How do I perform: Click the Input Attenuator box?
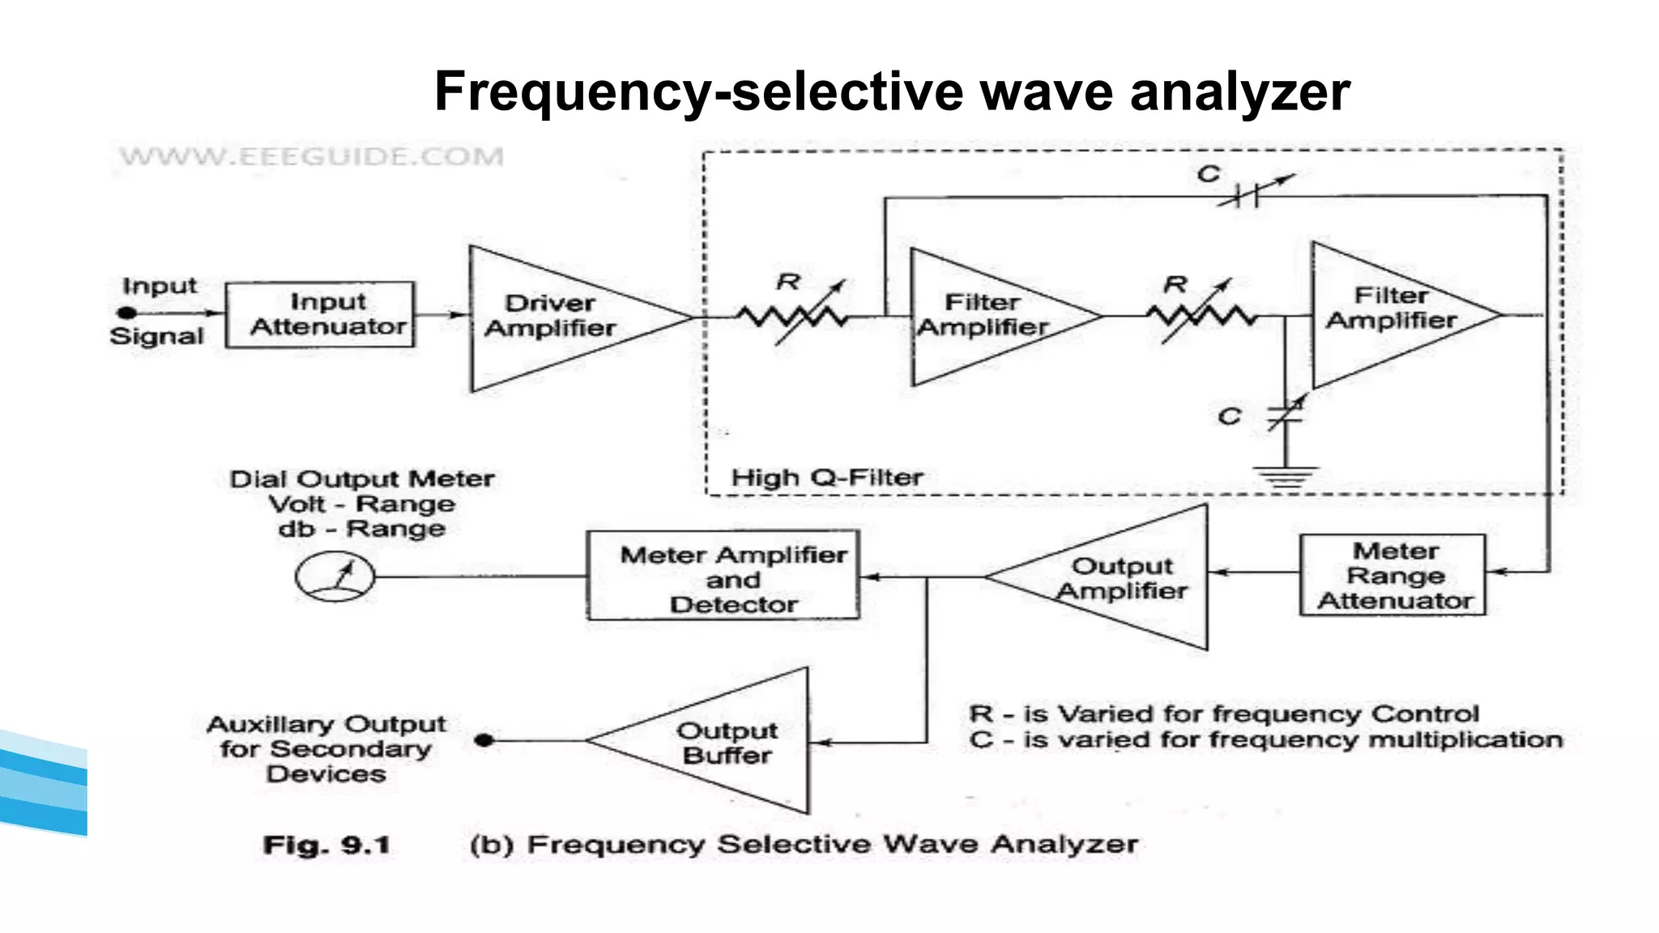(x=320, y=315)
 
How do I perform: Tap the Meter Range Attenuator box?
(x=1392, y=575)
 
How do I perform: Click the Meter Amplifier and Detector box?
(x=723, y=577)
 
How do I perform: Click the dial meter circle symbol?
(x=335, y=577)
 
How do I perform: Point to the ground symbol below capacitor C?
(x=1285, y=477)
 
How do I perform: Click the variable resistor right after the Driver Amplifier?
(x=792, y=314)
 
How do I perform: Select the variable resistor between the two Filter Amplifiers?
(x=1202, y=314)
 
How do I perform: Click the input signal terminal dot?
(x=127, y=313)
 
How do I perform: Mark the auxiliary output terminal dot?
(x=484, y=739)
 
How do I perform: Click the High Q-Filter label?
(x=826, y=478)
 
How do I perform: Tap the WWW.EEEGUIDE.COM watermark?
(x=311, y=156)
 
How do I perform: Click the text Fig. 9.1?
(x=326, y=846)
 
